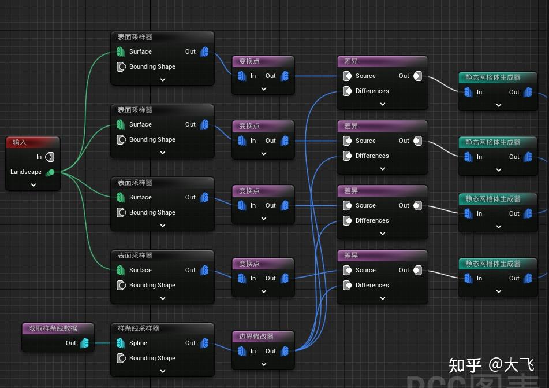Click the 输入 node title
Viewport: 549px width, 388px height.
[x=20, y=142]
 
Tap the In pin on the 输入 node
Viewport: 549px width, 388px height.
[x=50, y=157]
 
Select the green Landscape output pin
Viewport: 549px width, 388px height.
[x=50, y=172]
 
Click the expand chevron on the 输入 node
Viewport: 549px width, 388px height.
[x=33, y=185]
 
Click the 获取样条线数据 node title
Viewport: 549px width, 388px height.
[x=53, y=328]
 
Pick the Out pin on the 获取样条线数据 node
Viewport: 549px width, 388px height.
[x=84, y=343]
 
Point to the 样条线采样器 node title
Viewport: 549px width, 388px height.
[x=139, y=328]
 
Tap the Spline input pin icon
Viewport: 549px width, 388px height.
[x=121, y=343]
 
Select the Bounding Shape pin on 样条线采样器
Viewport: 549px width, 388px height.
[x=121, y=358]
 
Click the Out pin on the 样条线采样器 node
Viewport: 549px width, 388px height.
[x=204, y=343]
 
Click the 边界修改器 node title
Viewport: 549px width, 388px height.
[x=256, y=337]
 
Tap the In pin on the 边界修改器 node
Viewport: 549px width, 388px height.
[x=242, y=351]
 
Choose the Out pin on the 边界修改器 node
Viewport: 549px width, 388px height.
[x=284, y=351]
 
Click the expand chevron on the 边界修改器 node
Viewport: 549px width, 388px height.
[x=264, y=364]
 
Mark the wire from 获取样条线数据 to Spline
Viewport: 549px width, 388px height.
[x=102, y=343]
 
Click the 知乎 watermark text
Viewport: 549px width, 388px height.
[x=465, y=365]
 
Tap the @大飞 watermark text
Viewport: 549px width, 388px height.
[x=511, y=365]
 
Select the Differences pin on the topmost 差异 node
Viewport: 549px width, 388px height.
[x=348, y=91]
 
